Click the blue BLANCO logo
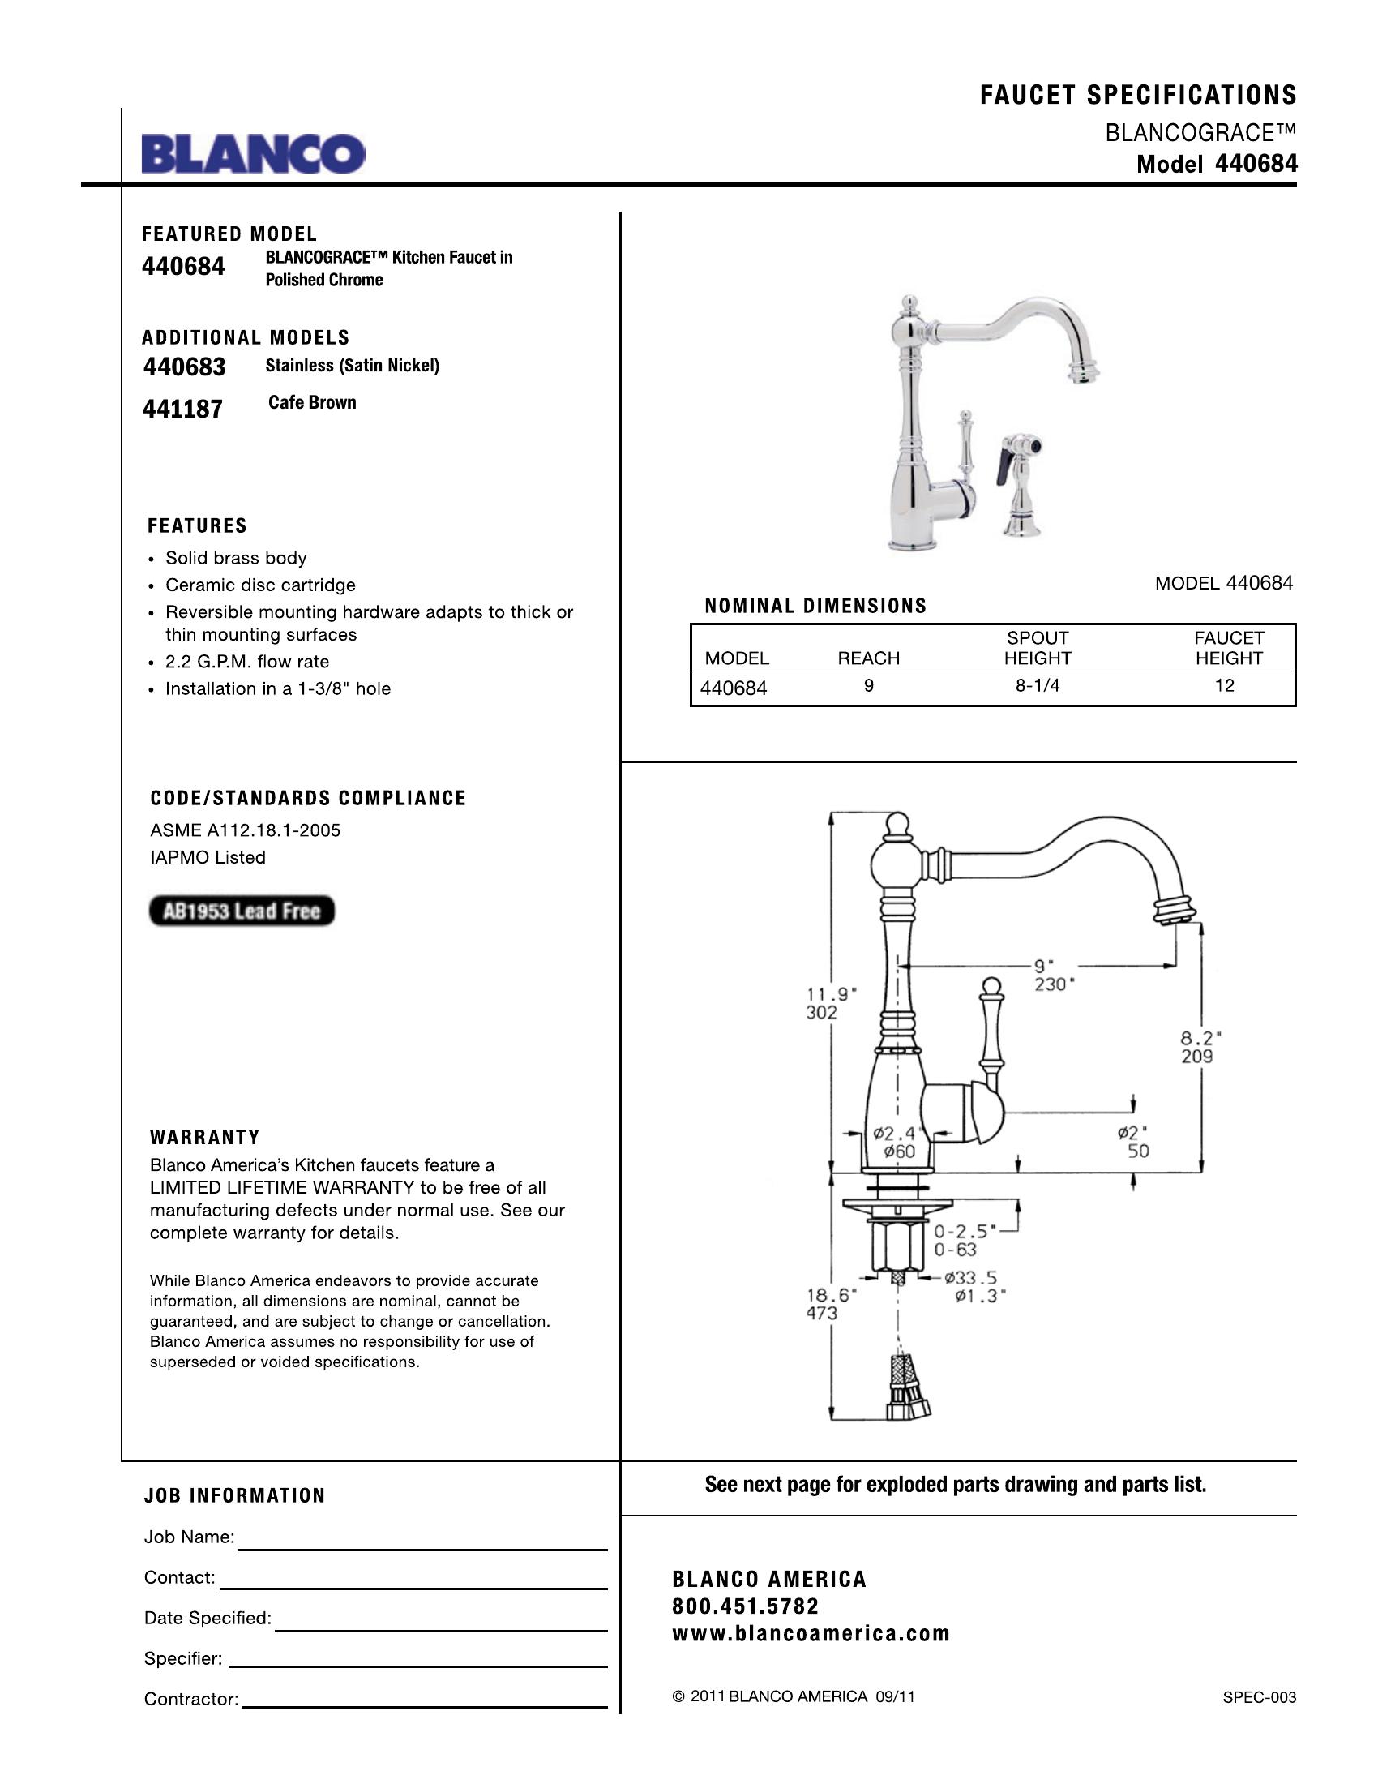click(253, 153)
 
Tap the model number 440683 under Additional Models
click(185, 367)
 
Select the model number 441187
click(183, 409)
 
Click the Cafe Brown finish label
click(312, 403)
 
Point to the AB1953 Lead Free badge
click(242, 911)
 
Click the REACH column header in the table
click(869, 658)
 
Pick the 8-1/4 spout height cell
click(1037, 686)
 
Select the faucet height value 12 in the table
click(1224, 686)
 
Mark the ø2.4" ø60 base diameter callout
click(897, 1142)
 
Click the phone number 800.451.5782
click(745, 1606)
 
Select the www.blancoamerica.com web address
click(811, 1634)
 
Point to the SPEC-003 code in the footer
click(1259, 1697)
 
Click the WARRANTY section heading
click(205, 1137)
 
